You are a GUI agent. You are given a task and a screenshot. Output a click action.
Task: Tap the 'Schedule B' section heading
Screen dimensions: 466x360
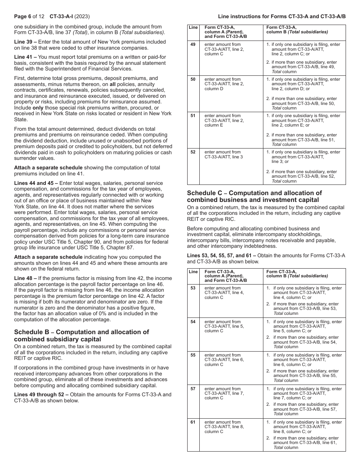pyautogui.click(x=81, y=335)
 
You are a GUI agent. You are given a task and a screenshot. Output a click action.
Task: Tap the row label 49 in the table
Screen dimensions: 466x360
pyautogui.click(x=193, y=44)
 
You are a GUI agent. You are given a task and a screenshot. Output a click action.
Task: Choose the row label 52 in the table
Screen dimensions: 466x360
pyautogui.click(x=193, y=152)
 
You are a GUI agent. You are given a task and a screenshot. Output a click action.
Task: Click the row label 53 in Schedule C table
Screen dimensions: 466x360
pyautogui.click(x=193, y=288)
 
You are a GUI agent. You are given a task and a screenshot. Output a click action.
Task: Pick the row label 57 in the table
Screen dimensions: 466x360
pyautogui.click(x=193, y=389)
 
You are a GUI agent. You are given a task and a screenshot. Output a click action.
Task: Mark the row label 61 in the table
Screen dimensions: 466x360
pyautogui.click(x=193, y=422)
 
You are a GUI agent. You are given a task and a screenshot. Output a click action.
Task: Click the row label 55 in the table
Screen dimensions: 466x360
pyautogui.click(x=193, y=355)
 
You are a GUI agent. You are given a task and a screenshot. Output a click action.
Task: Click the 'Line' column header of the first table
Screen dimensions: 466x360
pyautogui.click(x=193, y=28)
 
